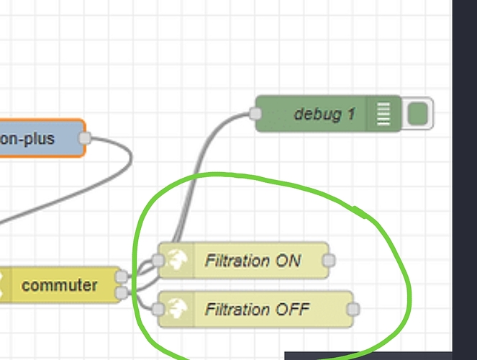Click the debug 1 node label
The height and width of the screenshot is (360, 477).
324,114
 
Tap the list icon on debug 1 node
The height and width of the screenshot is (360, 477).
383,114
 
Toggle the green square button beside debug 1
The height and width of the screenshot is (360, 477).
418,114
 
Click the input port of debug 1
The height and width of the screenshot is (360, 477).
255,114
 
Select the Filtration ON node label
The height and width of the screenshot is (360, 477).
253,261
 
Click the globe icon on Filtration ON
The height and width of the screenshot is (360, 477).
177,260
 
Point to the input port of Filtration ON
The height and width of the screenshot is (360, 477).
158,260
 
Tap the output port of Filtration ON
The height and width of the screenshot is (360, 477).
329,260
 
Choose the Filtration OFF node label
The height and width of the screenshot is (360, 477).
258,309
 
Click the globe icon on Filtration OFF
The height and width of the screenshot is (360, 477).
177,308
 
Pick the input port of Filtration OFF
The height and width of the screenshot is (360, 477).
158,309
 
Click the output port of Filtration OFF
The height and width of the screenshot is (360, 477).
353,309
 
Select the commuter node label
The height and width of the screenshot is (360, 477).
60,285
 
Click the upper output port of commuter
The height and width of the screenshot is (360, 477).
122,276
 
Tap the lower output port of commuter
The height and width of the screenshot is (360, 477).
122,292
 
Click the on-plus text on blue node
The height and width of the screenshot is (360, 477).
27,139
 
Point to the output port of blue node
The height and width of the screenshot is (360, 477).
85,138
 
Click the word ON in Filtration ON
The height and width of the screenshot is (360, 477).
288,261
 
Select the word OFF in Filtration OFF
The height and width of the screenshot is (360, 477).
293,309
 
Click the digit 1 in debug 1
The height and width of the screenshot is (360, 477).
351,114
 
